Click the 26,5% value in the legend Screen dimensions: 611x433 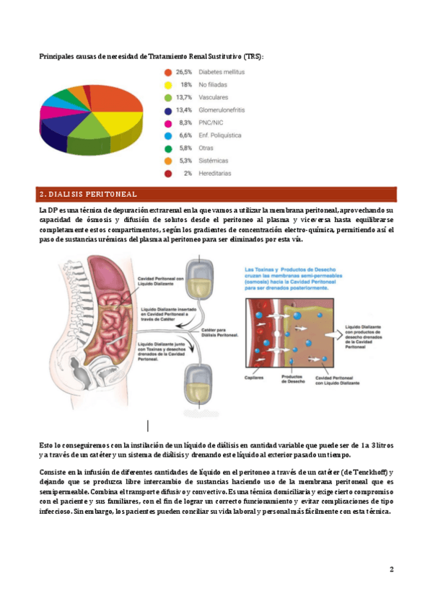click(x=184, y=72)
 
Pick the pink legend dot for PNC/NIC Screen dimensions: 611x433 click(x=168, y=123)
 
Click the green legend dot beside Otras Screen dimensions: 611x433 click(x=168, y=148)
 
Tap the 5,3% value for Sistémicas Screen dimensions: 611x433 click(x=185, y=161)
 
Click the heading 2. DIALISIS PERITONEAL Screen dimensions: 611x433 click(x=87, y=195)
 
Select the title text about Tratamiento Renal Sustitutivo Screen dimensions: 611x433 click(x=152, y=55)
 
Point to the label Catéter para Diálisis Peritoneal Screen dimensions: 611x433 click(x=219, y=334)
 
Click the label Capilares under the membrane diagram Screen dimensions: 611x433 click(x=253, y=378)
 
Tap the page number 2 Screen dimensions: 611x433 click(x=391, y=569)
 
